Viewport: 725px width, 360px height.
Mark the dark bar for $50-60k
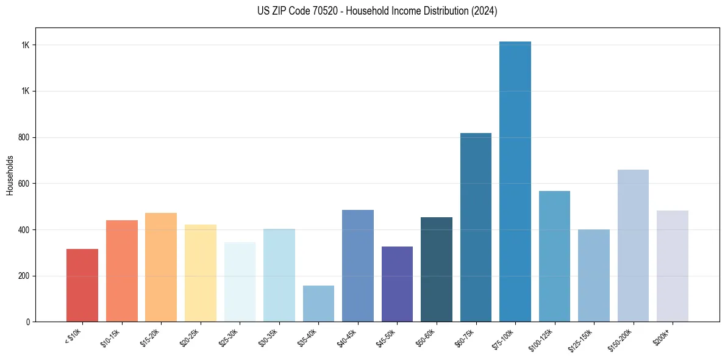coord(437,269)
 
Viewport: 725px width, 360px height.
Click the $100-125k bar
coord(554,256)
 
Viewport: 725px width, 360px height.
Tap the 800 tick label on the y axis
coord(24,137)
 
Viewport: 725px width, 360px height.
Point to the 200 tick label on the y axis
coord(24,276)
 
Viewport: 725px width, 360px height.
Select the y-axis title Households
coord(10,175)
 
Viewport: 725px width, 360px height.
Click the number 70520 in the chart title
coord(309,11)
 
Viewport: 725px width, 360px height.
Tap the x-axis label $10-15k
coord(111,337)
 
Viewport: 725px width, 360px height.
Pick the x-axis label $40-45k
coord(347,337)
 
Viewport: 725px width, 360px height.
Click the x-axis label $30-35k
coord(268,337)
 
